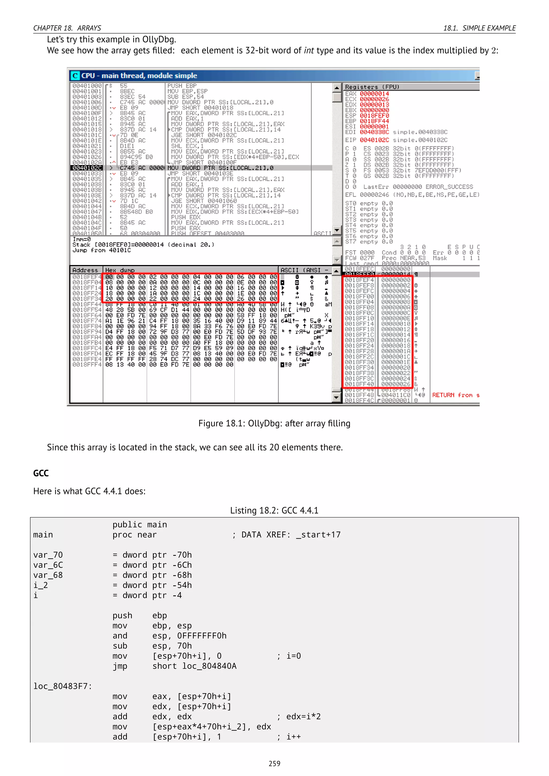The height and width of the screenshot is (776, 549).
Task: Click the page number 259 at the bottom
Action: [274, 763]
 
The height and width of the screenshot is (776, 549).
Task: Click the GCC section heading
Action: [41, 473]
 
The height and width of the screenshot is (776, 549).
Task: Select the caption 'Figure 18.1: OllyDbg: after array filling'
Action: [274, 423]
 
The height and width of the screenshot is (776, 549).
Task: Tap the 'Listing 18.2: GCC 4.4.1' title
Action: [274, 510]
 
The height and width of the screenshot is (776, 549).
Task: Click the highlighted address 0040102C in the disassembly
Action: [87, 168]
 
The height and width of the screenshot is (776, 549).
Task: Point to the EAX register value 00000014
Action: [374, 94]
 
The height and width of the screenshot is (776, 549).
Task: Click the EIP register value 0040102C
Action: [374, 140]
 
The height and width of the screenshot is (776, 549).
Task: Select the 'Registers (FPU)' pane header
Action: [372, 87]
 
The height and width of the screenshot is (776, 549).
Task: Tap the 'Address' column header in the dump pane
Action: [85, 270]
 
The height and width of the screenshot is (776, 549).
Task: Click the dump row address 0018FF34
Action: [87, 299]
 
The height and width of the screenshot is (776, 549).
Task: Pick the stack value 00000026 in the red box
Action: [395, 384]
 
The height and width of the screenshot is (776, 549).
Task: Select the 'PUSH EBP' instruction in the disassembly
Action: [182, 86]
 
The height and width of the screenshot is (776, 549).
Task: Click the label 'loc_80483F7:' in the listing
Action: [62, 686]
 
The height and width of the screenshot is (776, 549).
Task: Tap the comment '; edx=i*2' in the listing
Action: [299, 717]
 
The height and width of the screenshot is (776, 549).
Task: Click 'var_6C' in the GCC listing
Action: [48, 565]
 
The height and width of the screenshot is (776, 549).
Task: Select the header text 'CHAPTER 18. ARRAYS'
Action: [67, 28]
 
